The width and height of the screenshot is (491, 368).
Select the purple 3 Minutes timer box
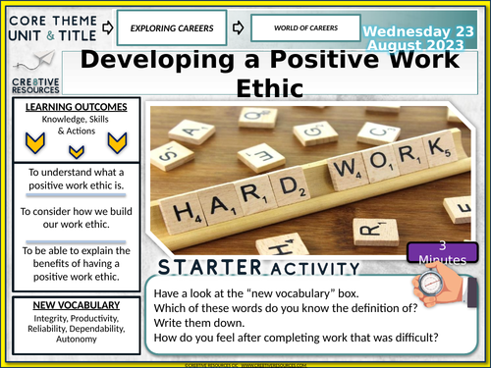coord(439,250)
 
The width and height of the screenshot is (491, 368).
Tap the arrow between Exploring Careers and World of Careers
coord(236,26)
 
